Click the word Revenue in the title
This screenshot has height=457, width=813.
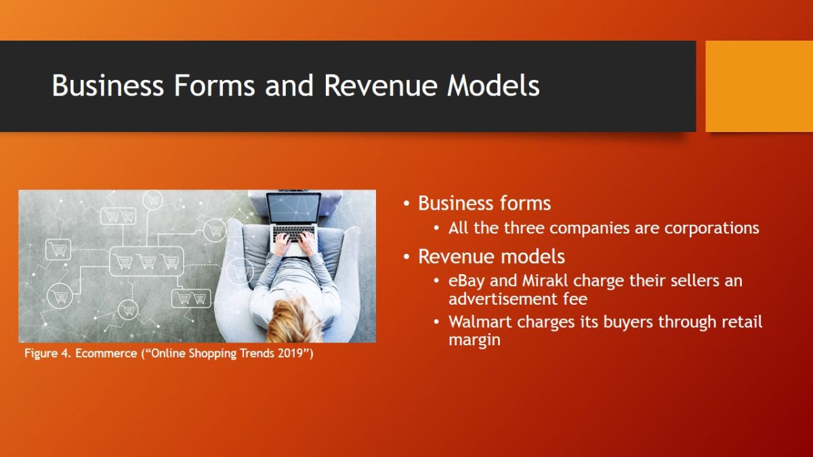pos(379,85)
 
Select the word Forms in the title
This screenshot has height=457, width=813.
pos(214,85)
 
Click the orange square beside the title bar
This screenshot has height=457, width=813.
pos(759,87)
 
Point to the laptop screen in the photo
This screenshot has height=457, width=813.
pos(294,209)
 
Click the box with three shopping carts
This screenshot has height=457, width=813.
pos(146,261)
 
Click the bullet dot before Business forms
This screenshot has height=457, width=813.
pos(406,204)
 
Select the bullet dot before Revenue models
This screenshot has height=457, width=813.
pos(406,257)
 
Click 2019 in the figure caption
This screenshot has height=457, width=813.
pos(293,353)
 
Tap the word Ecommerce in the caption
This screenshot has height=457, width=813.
pos(106,353)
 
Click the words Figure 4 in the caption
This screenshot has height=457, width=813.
pos(47,353)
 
